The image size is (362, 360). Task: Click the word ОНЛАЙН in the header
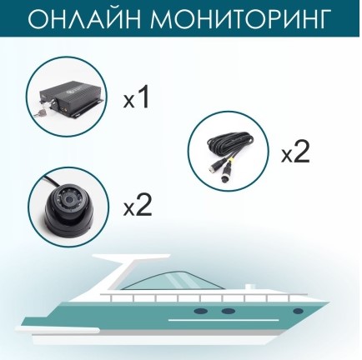84,19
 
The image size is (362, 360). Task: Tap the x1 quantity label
137,100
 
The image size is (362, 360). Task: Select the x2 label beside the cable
295,153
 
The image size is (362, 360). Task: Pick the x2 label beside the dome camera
138,207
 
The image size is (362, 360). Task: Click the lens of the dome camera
68,199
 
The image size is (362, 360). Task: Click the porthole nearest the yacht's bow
298,311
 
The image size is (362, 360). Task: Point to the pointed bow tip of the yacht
328,301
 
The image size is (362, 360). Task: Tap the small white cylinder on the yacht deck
251,287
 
